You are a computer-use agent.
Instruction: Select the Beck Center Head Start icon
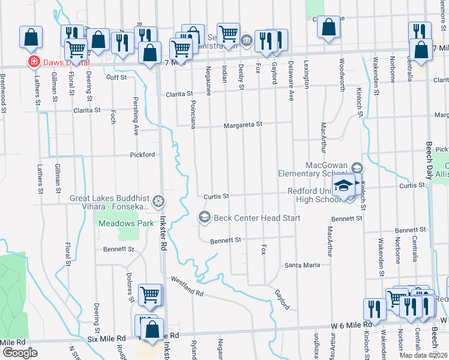[x=204, y=217]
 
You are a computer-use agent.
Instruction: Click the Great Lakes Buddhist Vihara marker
[x=159, y=201]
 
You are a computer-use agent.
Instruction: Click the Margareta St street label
[x=243, y=125]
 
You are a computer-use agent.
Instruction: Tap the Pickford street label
[x=143, y=154]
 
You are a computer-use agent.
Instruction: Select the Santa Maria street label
[x=302, y=265]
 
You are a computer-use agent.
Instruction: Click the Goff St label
[x=116, y=77]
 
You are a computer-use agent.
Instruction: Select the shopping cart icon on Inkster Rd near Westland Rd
[x=149, y=294]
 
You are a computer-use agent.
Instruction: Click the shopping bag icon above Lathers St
[x=31, y=37]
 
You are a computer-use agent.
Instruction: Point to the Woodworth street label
[x=342, y=74]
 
